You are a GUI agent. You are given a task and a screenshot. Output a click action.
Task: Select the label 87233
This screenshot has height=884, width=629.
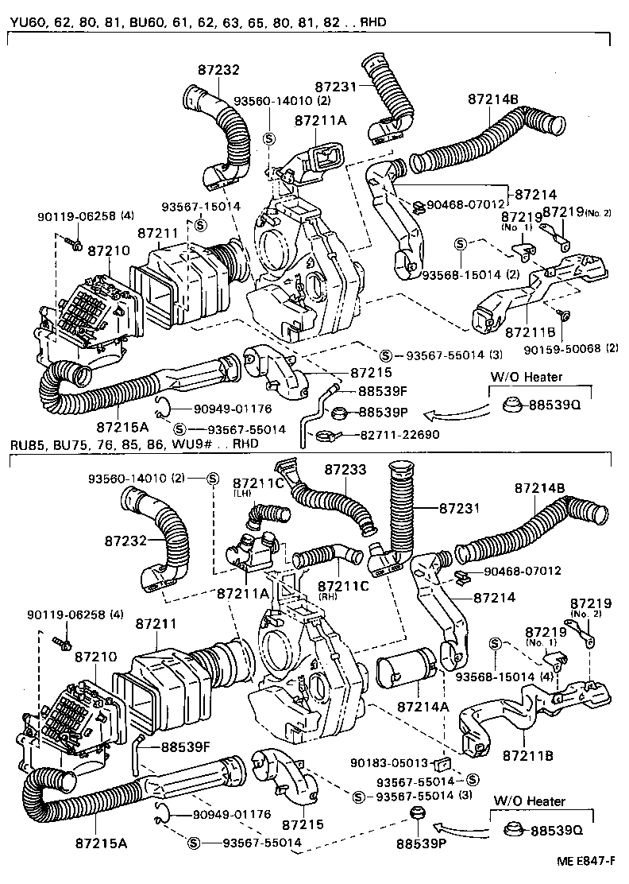pyautogui.click(x=345, y=470)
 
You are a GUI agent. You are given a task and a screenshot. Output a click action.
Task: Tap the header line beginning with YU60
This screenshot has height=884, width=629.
pyautogui.click(x=199, y=21)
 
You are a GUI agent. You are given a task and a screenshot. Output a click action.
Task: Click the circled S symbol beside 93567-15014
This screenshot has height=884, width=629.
pyautogui.click(x=201, y=224)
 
